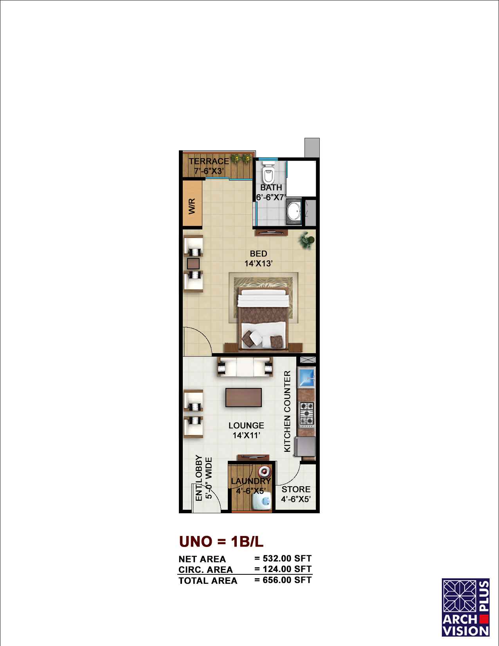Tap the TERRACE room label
click(209, 161)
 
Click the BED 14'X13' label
click(259, 258)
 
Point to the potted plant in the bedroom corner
click(307, 240)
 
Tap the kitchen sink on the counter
click(306, 377)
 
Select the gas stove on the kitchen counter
click(307, 413)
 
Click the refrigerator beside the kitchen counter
click(305, 446)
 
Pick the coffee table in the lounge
click(243, 397)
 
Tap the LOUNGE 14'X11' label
click(246, 430)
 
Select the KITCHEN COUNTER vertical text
click(287, 411)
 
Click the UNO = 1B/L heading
click(221, 541)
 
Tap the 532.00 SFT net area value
click(287, 558)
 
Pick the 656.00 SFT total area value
click(287, 580)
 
